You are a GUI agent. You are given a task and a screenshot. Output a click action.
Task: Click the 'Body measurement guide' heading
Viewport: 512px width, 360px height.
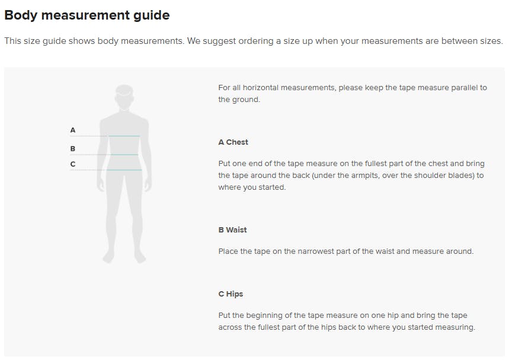pyautogui.click(x=87, y=15)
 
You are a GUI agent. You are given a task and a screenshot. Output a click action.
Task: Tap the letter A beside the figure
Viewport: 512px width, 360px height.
pyautogui.click(x=73, y=130)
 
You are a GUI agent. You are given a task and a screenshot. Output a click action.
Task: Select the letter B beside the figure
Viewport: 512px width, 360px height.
pyautogui.click(x=73, y=149)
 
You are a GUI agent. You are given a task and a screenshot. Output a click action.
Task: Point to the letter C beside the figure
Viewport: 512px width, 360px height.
pyautogui.click(x=73, y=164)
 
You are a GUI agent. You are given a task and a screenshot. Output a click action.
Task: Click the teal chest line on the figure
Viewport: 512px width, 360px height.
pyautogui.click(x=124, y=136)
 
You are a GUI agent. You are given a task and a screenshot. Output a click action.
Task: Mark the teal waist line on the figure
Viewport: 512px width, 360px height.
pyautogui.click(x=124, y=154)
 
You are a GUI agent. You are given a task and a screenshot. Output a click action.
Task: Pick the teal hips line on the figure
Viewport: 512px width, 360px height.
pyautogui.click(x=124, y=170)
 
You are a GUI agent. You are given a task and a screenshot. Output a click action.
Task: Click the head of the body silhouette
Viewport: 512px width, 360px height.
pyautogui.click(x=124, y=97)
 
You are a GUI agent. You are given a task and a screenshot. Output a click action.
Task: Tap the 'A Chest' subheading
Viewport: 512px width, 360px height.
pyautogui.click(x=233, y=142)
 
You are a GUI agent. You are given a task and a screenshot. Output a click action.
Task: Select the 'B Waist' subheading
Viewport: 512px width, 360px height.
pyautogui.click(x=232, y=230)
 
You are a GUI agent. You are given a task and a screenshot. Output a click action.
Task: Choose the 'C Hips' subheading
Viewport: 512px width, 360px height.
pyautogui.click(x=231, y=294)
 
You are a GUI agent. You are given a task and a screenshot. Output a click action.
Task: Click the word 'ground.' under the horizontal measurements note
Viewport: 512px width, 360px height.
pyautogui.click(x=246, y=100)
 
